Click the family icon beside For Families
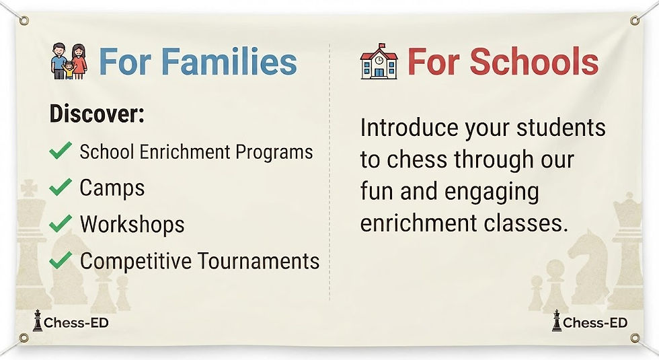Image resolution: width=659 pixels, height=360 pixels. pyautogui.click(x=69, y=61)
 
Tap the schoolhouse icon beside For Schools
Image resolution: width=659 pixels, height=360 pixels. pyautogui.click(x=379, y=61)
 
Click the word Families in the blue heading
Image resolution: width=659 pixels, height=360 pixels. pyautogui.click(x=229, y=61)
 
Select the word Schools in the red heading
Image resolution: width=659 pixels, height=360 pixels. pyautogui.click(x=534, y=61)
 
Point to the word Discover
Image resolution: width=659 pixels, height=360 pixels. pyautogui.click(x=97, y=113)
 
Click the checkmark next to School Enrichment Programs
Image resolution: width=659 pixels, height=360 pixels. pyautogui.click(x=61, y=150)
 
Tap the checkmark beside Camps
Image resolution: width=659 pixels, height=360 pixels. pyautogui.click(x=61, y=187)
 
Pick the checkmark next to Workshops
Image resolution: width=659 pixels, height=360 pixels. pyautogui.click(x=61, y=223)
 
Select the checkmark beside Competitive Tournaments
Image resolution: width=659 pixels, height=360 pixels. pyautogui.click(x=61, y=260)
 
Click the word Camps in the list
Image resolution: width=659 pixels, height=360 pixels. pyautogui.click(x=112, y=188)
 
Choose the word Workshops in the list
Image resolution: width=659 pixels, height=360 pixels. pyautogui.click(x=132, y=224)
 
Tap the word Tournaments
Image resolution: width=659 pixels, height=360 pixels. pyautogui.click(x=258, y=261)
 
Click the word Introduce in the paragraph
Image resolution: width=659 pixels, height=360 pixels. pyautogui.click(x=409, y=128)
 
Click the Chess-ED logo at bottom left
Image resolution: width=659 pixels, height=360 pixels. pyautogui.click(x=71, y=322)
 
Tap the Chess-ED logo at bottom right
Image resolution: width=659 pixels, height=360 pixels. pyautogui.click(x=590, y=322)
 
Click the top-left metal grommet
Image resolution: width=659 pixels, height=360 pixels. pyautogui.click(x=24, y=20)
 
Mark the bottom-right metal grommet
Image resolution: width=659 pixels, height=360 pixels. pyautogui.click(x=635, y=338)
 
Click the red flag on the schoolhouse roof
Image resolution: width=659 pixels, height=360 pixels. pyautogui.click(x=382, y=46)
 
